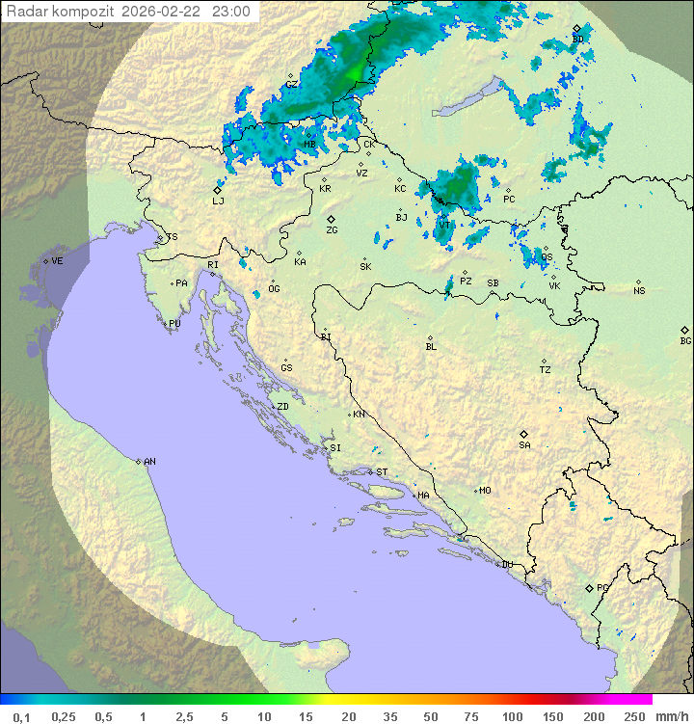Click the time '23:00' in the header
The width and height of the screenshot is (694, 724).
(x=230, y=12)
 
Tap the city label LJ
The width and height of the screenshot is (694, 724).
(x=218, y=201)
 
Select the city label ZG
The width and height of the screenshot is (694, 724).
(x=332, y=230)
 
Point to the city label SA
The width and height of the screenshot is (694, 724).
(x=524, y=444)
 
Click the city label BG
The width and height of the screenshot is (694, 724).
(x=685, y=340)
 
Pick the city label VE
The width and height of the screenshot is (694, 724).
(x=57, y=261)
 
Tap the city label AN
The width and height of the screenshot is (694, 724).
(x=149, y=462)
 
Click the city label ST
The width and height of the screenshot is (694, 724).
(x=382, y=472)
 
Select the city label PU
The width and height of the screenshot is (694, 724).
(x=174, y=324)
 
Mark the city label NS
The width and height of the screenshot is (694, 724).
(x=639, y=291)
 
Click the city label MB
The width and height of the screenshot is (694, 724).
(x=310, y=145)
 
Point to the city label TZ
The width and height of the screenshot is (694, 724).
(x=546, y=370)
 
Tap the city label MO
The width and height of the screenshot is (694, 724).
(x=485, y=491)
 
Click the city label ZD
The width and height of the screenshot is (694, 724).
(x=282, y=407)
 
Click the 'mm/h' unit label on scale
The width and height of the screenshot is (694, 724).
(x=669, y=716)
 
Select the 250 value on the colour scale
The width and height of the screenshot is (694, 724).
(x=634, y=716)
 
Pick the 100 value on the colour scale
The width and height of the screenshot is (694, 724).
(x=512, y=716)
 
